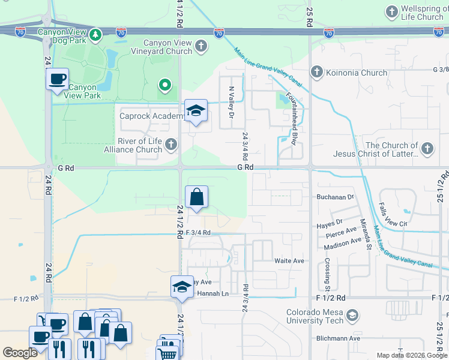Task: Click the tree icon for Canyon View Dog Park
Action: (x=95, y=36)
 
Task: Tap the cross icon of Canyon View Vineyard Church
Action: (x=201, y=46)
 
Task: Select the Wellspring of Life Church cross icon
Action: (x=391, y=11)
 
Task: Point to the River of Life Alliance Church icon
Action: (x=171, y=144)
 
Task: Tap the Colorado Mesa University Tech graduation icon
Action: (x=354, y=315)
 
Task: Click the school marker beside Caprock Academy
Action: (x=195, y=110)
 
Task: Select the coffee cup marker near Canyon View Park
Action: (x=58, y=79)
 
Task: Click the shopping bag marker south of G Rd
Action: (x=196, y=197)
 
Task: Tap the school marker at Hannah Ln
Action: (x=182, y=286)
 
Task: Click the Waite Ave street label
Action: (x=289, y=261)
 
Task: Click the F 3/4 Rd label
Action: (x=198, y=232)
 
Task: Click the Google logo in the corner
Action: (x=20, y=353)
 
